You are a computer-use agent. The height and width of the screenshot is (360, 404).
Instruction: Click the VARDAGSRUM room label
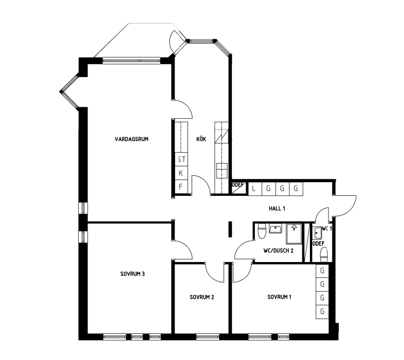(131, 140)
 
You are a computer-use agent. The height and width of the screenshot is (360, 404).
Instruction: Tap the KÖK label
(201, 139)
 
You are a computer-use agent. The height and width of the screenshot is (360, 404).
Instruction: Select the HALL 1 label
(277, 208)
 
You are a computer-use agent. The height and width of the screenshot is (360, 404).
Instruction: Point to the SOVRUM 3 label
(132, 274)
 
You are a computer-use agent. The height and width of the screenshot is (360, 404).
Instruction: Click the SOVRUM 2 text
(202, 297)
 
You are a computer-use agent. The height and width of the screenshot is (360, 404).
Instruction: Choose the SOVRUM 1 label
(279, 297)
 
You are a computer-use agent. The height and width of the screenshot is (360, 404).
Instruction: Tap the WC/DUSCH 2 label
(278, 251)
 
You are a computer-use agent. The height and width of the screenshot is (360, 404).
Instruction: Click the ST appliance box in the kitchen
(181, 160)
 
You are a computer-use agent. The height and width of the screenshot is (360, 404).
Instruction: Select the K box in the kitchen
(181, 173)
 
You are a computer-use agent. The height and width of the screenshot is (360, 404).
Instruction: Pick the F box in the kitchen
(181, 187)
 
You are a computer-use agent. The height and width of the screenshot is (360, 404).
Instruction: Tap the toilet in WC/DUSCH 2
(262, 231)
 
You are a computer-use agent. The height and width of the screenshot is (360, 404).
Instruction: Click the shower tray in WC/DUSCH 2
(294, 234)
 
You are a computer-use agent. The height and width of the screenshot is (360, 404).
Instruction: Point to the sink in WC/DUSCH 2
(276, 229)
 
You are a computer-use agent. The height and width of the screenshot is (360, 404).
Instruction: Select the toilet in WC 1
(323, 255)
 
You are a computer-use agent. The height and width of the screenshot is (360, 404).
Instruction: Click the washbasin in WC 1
(317, 233)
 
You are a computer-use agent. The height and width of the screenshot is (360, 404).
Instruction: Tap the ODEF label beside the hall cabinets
(238, 184)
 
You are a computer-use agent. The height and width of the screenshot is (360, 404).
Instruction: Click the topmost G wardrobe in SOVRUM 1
(323, 271)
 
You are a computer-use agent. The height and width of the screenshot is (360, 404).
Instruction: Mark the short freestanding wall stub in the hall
(230, 229)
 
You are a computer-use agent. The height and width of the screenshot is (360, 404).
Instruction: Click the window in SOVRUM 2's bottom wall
(208, 336)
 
